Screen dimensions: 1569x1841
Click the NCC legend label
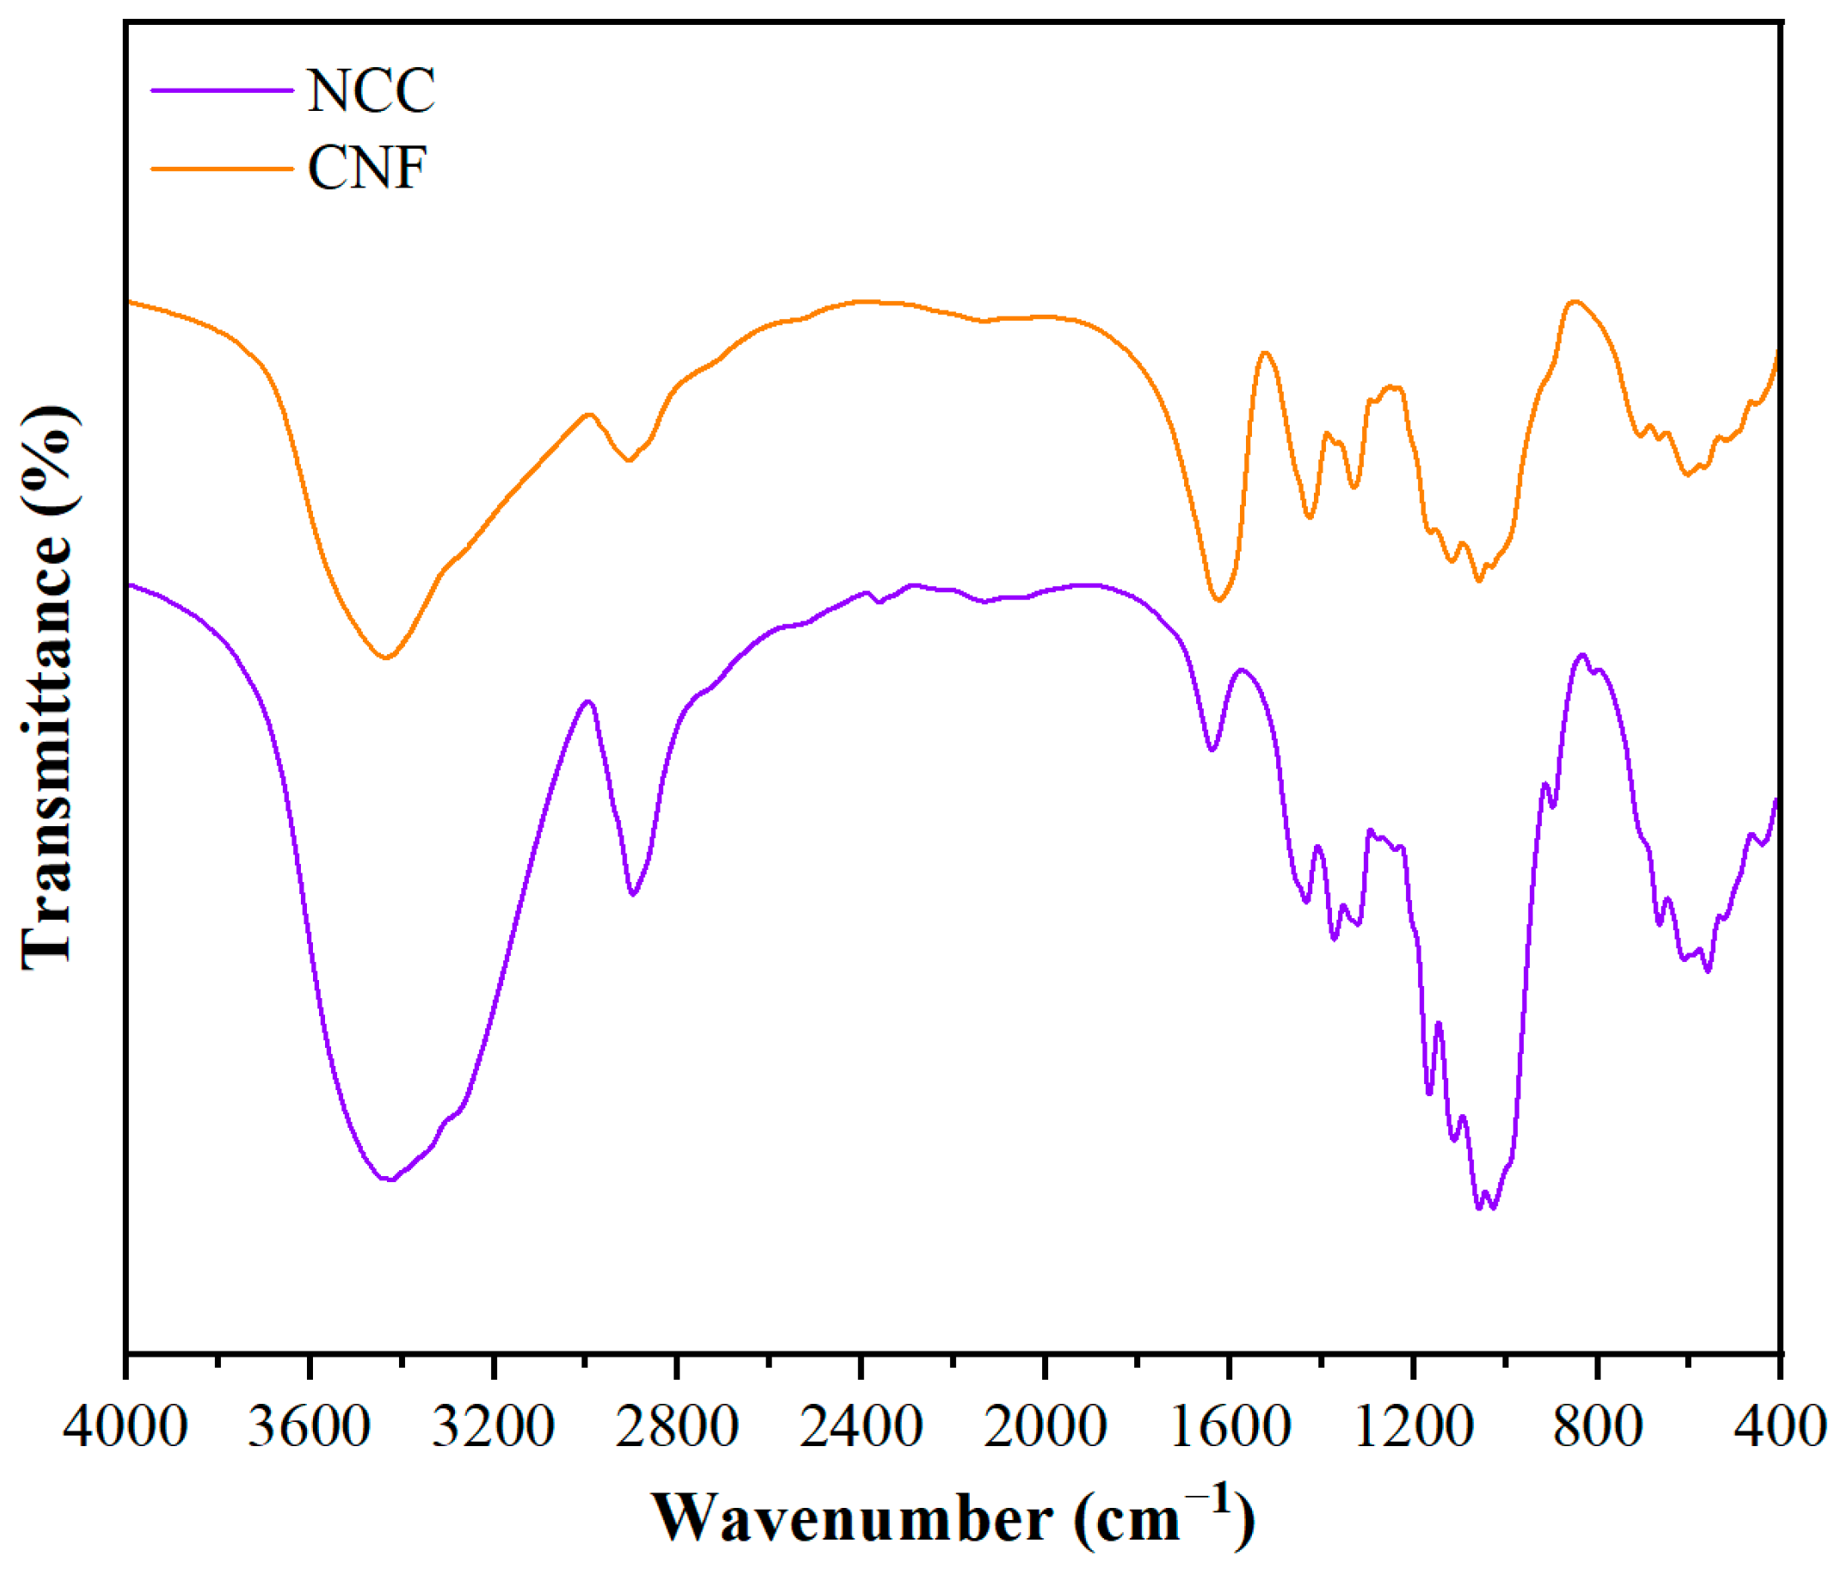(x=371, y=90)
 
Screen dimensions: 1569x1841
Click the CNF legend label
(x=367, y=168)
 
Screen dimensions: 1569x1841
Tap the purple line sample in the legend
(x=221, y=89)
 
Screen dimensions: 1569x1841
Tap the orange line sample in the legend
(x=221, y=168)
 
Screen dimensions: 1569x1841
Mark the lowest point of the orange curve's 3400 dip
(x=384, y=659)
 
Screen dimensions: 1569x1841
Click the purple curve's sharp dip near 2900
(x=633, y=895)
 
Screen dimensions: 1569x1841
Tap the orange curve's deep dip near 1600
(x=1218, y=601)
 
